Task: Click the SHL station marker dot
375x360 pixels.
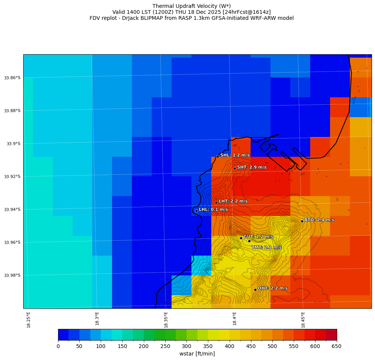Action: pos(218,156)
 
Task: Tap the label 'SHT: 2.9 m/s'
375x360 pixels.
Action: pos(252,167)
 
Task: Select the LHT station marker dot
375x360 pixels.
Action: pos(216,202)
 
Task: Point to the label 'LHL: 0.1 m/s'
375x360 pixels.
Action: pos(213,210)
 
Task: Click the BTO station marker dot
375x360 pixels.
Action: pos(302,221)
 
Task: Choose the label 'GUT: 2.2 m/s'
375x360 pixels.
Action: pos(258,237)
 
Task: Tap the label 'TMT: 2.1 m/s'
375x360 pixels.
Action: pos(266,247)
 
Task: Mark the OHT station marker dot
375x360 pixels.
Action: pos(255,290)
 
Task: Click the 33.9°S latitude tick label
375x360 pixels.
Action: pos(13,144)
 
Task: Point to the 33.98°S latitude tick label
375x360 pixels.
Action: pos(12,275)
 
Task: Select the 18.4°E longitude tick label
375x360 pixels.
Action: pos(235,320)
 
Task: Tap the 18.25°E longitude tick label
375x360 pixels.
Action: pos(28,320)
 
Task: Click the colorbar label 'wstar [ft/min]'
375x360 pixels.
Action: pos(197,354)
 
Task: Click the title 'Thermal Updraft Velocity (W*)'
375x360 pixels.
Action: pos(191,6)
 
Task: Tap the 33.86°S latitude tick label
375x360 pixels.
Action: pos(12,78)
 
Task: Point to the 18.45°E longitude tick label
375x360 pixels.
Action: pos(303,320)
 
